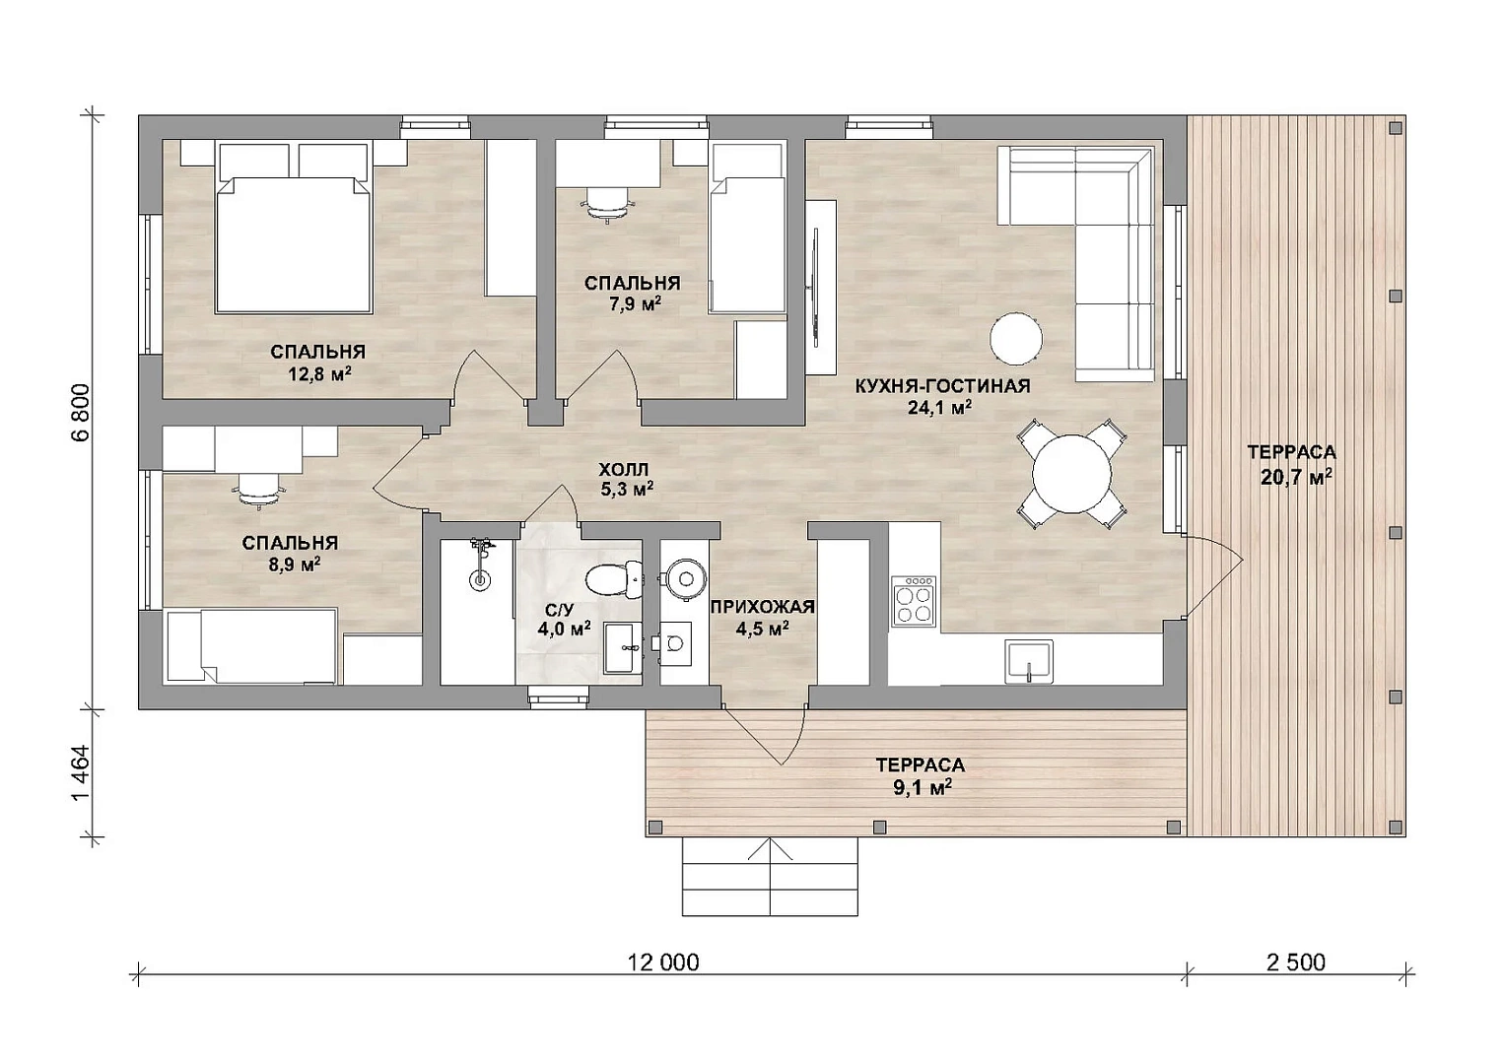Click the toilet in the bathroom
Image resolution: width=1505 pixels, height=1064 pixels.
[x=612, y=578]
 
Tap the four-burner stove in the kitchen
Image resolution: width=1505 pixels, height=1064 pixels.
[x=913, y=601]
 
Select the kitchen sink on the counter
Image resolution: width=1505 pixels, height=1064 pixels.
[x=1028, y=661]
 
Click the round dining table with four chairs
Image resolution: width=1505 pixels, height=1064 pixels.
[x=1071, y=475]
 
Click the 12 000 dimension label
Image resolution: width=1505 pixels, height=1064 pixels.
[x=663, y=963]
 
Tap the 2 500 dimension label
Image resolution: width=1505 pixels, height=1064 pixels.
[x=1296, y=963]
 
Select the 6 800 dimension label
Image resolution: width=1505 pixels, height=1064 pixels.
[x=80, y=413]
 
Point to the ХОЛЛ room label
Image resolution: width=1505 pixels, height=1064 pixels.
[x=624, y=468]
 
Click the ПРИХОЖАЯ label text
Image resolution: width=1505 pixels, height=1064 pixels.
[x=763, y=607]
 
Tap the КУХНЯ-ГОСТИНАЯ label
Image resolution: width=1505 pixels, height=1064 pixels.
[x=942, y=386]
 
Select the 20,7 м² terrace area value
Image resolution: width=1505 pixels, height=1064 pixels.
[x=1291, y=478]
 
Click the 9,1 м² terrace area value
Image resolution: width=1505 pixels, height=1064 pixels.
[x=922, y=787]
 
